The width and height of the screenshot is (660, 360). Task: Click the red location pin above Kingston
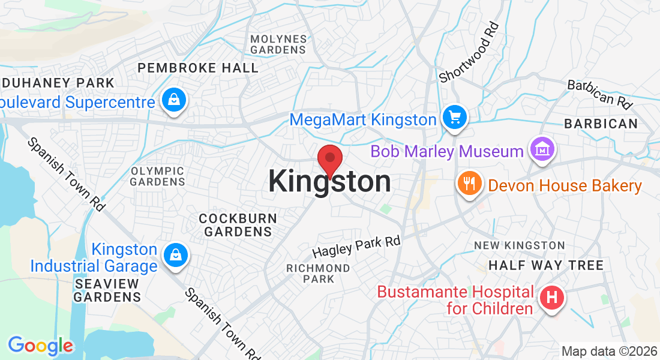pyautogui.click(x=329, y=160)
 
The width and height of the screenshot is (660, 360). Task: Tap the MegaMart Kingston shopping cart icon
pyautogui.click(x=455, y=117)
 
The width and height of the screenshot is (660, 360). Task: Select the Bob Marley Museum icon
pyautogui.click(x=542, y=148)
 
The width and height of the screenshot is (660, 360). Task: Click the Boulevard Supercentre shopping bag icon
pyautogui.click(x=173, y=100)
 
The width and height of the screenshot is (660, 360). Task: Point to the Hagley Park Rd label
pyautogui.click(x=356, y=246)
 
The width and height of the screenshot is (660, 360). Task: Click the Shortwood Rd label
pyautogui.click(x=469, y=52)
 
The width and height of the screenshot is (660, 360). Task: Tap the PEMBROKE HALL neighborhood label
pyautogui.click(x=198, y=68)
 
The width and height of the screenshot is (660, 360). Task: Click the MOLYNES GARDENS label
pyautogui.click(x=278, y=44)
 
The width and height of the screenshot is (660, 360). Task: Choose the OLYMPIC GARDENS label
pyautogui.click(x=158, y=176)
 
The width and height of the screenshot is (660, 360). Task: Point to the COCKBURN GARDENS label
pyautogui.click(x=238, y=225)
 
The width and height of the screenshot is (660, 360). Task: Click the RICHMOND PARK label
pyautogui.click(x=318, y=273)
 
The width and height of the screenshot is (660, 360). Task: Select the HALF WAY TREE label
pyautogui.click(x=545, y=265)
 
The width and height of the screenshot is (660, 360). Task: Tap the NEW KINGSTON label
pyautogui.click(x=519, y=245)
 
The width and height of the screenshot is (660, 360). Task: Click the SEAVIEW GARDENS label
pyautogui.click(x=107, y=290)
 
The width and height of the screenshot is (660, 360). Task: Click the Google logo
pyautogui.click(x=40, y=346)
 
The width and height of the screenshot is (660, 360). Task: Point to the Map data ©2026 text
pyautogui.click(x=608, y=351)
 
